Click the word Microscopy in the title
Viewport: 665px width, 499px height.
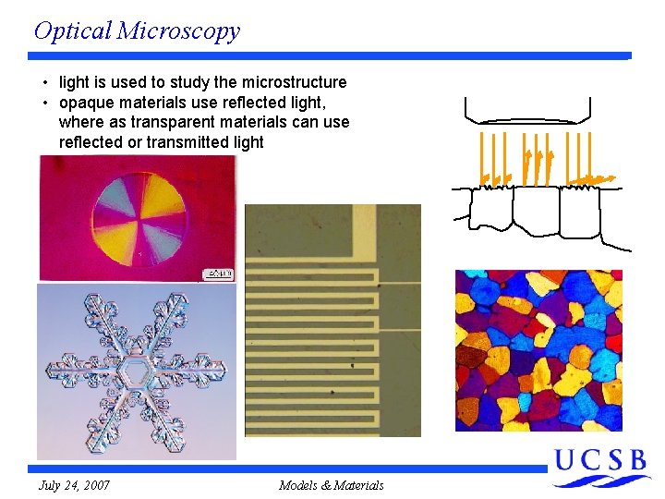(179, 30)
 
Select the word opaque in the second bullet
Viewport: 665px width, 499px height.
(86, 103)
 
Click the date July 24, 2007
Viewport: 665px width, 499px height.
(74, 485)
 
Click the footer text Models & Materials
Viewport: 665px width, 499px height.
(331, 485)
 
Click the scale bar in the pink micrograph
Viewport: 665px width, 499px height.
(219, 274)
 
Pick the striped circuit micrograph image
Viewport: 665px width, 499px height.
(332, 320)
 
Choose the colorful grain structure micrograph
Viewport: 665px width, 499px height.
(538, 350)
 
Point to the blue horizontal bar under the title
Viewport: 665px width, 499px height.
(332, 56)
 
